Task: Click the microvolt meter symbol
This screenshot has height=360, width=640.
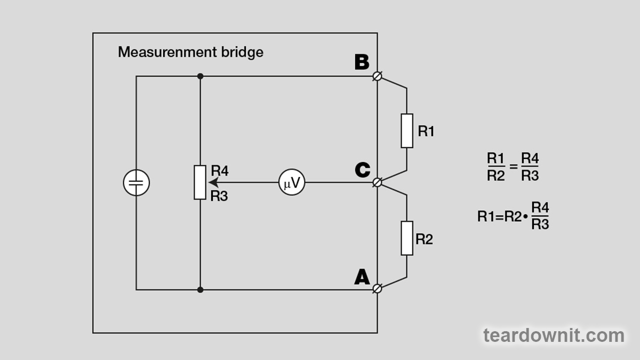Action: click(292, 183)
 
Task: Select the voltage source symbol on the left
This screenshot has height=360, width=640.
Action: click(137, 183)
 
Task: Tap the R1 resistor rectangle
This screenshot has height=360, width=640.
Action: click(407, 131)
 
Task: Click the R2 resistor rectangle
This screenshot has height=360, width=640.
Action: click(407, 238)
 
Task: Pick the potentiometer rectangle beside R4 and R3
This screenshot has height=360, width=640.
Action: click(200, 182)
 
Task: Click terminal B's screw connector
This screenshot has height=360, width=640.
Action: click(378, 76)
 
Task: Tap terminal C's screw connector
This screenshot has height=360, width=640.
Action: click(378, 182)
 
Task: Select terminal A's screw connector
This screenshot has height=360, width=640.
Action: click(378, 289)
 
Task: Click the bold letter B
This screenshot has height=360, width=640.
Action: click(362, 63)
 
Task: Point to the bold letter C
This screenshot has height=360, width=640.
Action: click(362, 170)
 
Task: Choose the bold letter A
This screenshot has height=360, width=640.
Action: click(362, 277)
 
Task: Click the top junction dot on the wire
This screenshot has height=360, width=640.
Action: click(200, 76)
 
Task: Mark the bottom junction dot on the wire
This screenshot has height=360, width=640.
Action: click(200, 290)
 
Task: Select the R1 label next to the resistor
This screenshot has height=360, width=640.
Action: click(426, 131)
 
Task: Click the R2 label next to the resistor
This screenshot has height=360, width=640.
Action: click(424, 239)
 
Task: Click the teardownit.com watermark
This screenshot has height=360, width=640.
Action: click(554, 335)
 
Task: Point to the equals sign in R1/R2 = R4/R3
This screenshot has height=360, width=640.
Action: click(514, 166)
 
